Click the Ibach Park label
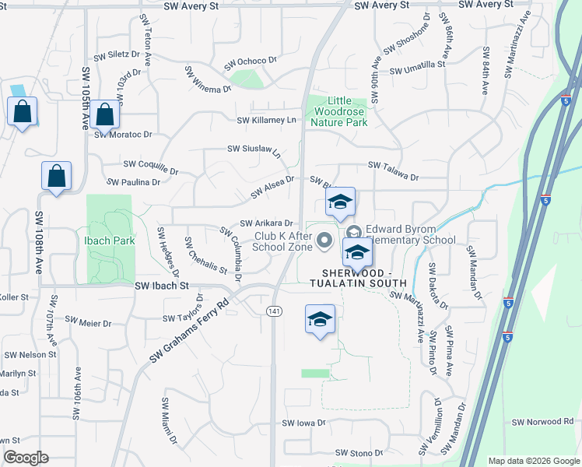point(110,241)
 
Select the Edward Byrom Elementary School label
point(411,234)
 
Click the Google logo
point(26,458)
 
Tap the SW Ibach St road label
point(163,286)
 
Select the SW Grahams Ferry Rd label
point(190,328)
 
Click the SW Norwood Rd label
point(542,422)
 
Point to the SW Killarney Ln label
point(267,120)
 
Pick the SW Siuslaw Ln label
point(254,149)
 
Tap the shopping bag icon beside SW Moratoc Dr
point(104,114)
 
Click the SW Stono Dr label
point(359,452)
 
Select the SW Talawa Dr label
point(393,166)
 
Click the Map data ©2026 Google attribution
point(533,461)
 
